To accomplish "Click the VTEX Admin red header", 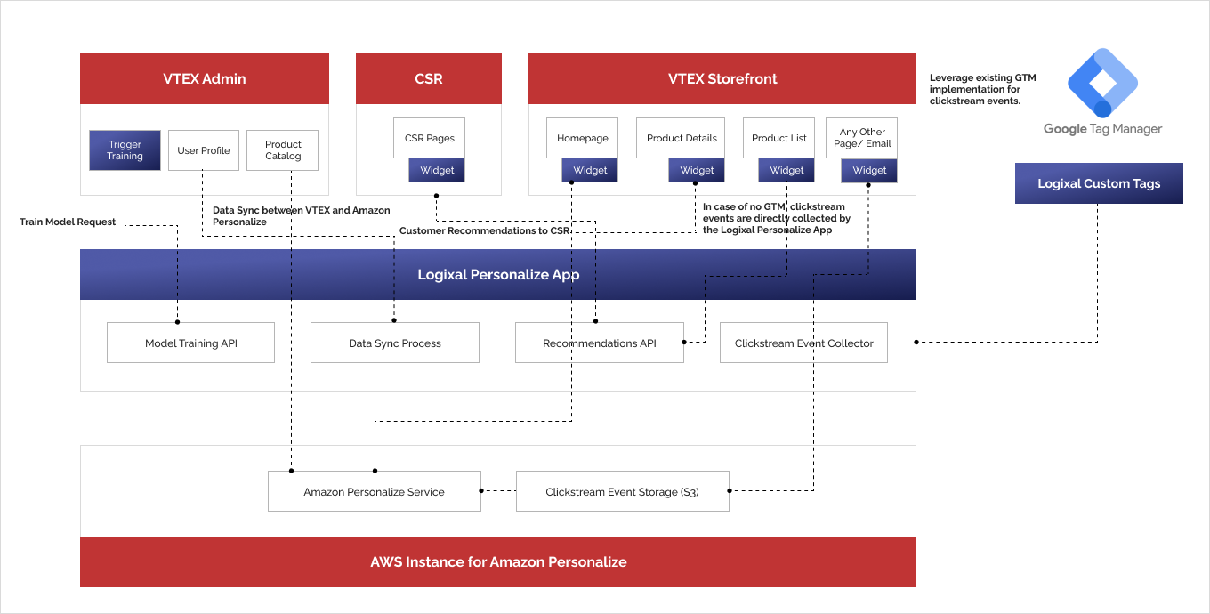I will pos(205,78).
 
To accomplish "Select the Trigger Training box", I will pos(125,150).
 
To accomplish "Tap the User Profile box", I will pos(204,150).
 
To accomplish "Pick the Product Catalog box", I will pos(283,150).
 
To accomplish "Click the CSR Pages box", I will pos(429,139).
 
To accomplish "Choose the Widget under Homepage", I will pos(590,171).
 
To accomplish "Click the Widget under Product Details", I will pos(697,171).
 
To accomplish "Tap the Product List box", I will pos(779,139).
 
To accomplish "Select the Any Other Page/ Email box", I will pos(861,138).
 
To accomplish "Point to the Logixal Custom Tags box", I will pos(1099,183).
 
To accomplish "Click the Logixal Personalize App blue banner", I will pos(498,274).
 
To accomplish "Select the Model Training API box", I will pos(190,343).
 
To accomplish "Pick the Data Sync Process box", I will pos(395,343).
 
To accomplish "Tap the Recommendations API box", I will pos(600,343).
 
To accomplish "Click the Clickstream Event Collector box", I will pos(803,343).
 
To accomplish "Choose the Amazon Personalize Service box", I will pos(374,491).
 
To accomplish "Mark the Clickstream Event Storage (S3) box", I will pos(622,491).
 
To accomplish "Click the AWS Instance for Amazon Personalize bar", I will pos(498,561).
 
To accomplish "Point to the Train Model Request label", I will pos(68,222).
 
